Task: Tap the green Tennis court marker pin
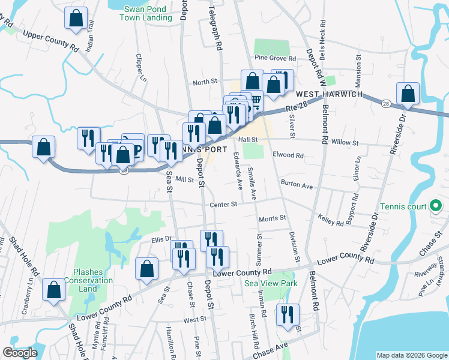click(436, 207)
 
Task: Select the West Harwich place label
click(328, 95)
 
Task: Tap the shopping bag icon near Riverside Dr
click(408, 94)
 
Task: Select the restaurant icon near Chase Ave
click(288, 314)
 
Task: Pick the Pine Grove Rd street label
click(276, 59)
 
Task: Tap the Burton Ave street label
click(297, 185)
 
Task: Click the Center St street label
click(224, 205)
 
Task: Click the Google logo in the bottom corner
click(19, 353)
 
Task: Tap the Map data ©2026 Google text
click(412, 355)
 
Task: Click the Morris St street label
click(273, 219)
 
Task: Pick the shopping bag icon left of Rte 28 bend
click(43, 147)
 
